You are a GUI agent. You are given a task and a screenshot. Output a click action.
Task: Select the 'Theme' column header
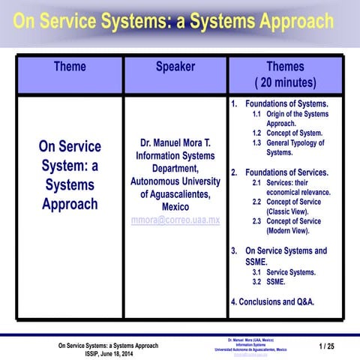pos(69,67)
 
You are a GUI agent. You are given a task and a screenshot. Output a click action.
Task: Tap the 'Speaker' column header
pos(175,67)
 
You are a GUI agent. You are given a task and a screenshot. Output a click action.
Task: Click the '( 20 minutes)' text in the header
pos(285,82)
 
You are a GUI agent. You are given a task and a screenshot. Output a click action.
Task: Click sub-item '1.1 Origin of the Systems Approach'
pos(290,118)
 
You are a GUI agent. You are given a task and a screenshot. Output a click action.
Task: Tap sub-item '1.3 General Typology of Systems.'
pos(288,147)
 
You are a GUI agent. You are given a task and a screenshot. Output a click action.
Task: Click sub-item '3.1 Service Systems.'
pos(283,273)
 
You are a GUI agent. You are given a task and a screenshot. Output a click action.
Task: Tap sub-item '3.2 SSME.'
pos(268,283)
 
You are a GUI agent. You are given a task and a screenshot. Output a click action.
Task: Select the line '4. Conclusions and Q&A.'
pos(272,301)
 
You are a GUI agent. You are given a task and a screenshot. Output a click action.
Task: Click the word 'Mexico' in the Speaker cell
pos(175,206)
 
